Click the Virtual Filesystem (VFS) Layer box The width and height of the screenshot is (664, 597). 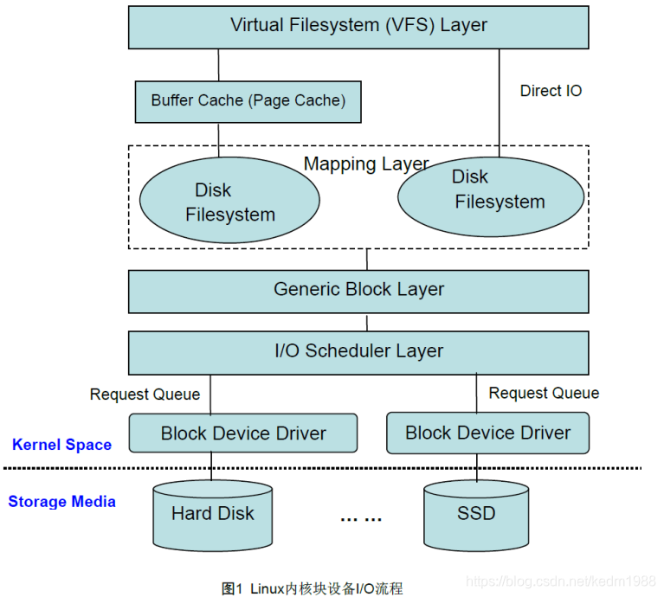point(358,26)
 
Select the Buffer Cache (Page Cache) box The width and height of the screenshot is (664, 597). point(248,101)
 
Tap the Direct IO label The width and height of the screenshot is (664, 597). point(551,91)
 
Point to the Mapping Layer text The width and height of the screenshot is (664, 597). point(366,164)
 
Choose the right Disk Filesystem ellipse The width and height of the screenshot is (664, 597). point(490,196)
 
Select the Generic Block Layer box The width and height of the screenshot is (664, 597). point(358,290)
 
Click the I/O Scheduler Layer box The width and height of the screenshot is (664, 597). point(358,351)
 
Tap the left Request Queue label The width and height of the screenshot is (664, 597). point(145,395)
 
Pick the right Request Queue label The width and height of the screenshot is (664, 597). point(544,394)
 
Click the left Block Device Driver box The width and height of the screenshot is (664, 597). point(243,433)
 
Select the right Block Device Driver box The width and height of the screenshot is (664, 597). point(487,433)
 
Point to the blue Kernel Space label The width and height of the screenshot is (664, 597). point(61,445)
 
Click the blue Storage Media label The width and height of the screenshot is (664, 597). point(61,502)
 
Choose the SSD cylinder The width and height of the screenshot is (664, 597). point(476,515)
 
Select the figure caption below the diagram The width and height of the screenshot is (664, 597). point(312,588)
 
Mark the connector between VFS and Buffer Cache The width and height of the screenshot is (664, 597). point(218,65)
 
